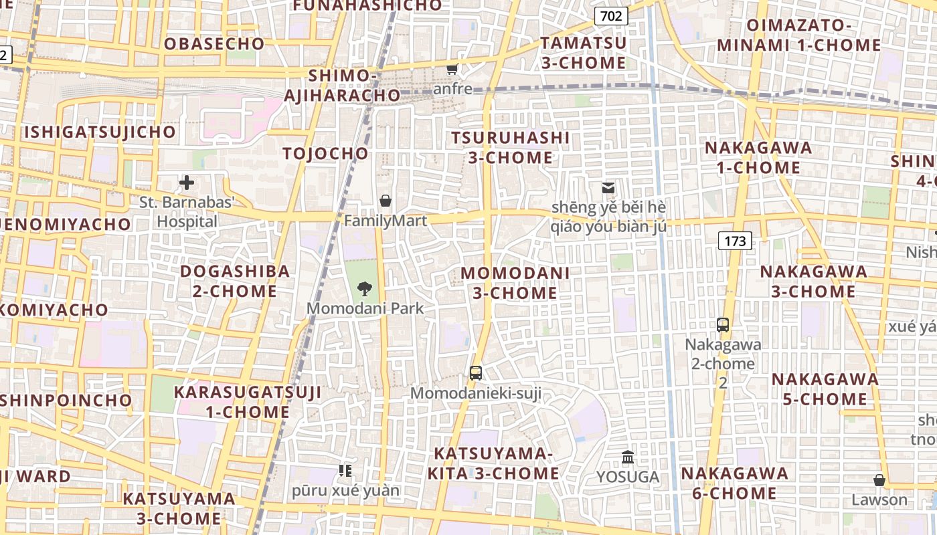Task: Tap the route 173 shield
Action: [x=735, y=241]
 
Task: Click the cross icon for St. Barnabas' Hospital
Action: [x=187, y=182]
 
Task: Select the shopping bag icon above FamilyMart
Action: [x=386, y=200]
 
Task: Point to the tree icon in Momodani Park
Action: [x=365, y=289]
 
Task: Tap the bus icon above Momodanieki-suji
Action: [x=476, y=373]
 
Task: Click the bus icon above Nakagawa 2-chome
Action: [x=723, y=325]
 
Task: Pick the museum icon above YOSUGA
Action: [x=628, y=457]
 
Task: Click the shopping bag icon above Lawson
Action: [x=879, y=480]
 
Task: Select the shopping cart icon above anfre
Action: [x=452, y=69]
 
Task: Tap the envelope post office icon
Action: [x=608, y=188]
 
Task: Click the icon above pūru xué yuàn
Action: [x=345, y=471]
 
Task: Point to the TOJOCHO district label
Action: [x=325, y=153]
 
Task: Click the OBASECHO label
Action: [x=214, y=43]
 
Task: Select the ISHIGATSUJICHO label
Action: [x=100, y=132]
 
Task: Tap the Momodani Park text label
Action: [x=365, y=308]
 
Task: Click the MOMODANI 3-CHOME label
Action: [x=515, y=283]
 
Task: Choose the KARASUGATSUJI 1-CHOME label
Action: [x=248, y=402]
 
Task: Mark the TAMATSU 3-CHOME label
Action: [x=584, y=53]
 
